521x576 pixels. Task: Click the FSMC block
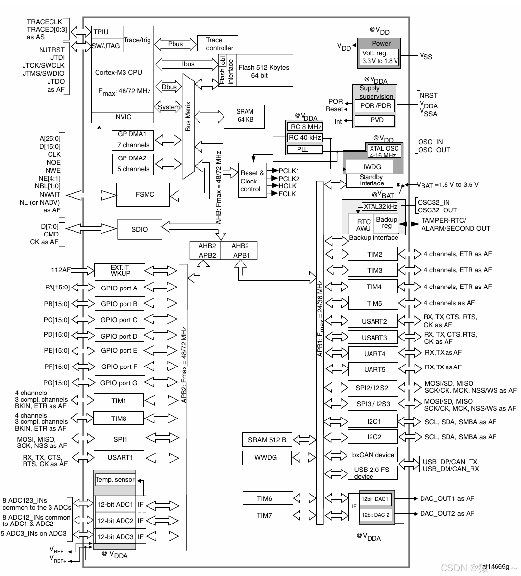pos(145,194)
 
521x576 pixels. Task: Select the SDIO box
pos(140,229)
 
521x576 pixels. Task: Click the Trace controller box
pos(217,44)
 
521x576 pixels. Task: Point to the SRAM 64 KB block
pos(245,116)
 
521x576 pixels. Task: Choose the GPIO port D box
pos(119,336)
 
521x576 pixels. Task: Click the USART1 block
pos(120,457)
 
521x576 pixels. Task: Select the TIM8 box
pos(119,419)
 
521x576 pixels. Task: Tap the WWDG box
pos(266,457)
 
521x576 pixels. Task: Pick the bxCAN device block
pos(373,455)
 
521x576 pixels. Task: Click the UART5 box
pos(374,369)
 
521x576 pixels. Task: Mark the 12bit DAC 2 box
pos(375,515)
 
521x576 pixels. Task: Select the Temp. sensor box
pos(115,479)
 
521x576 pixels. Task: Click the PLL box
pos(303,149)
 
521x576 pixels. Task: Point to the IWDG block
pos(372,167)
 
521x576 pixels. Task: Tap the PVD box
pos(376,120)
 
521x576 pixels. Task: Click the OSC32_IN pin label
pos(434,202)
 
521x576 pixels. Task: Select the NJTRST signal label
pos(52,50)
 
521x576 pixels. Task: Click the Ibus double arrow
pos(188,64)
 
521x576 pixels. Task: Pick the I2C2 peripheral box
pos(374,437)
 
